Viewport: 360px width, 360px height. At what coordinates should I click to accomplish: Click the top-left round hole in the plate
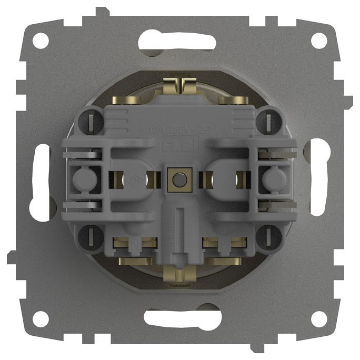[40, 41]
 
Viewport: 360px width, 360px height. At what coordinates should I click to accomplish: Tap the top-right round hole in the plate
[319, 41]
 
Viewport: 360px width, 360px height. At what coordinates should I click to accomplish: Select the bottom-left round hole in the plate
[40, 318]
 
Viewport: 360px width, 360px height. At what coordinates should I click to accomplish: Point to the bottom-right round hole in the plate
[319, 318]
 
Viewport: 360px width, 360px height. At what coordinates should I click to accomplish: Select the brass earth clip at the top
[179, 86]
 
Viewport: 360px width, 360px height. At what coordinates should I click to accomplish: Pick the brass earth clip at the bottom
[179, 272]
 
